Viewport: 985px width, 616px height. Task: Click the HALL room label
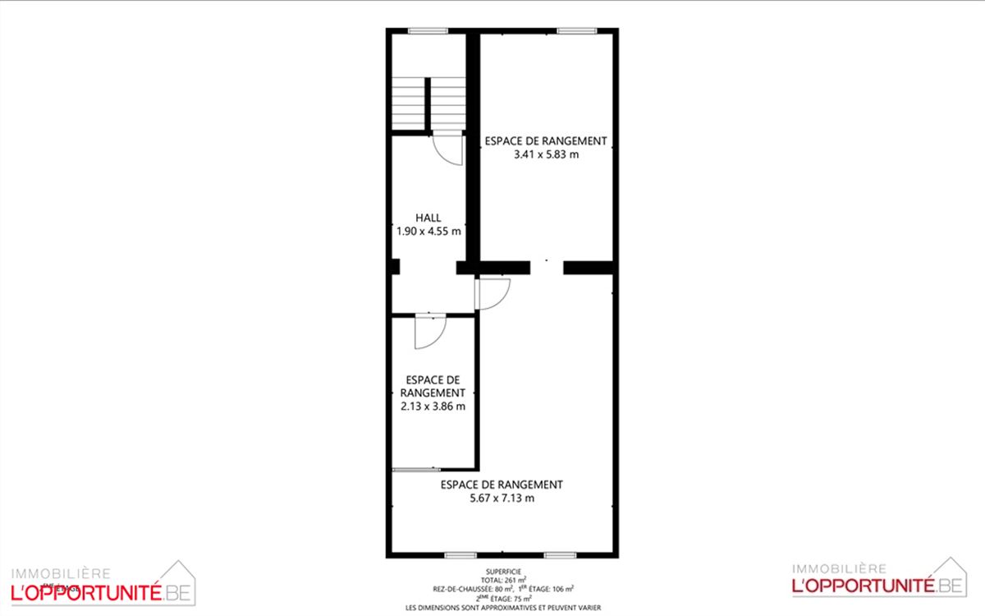[428, 218]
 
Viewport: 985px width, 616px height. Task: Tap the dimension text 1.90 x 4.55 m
[428, 231]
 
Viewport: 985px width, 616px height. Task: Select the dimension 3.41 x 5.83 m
[546, 154]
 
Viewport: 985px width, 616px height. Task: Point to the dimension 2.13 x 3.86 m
[433, 406]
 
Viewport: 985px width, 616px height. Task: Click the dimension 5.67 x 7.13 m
[502, 498]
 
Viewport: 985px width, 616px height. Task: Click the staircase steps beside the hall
[428, 103]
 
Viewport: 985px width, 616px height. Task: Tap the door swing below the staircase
[448, 149]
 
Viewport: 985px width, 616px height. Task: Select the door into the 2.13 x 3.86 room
[429, 332]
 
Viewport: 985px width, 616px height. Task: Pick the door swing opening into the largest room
[492, 293]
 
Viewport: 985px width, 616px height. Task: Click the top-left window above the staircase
[428, 31]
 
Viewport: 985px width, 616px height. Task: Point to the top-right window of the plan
[577, 31]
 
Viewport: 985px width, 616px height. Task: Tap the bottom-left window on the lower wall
[460, 556]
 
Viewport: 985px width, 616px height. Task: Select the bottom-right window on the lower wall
[560, 556]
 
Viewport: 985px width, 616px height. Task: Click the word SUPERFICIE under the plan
[503, 572]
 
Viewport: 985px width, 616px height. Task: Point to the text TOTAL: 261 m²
[503, 580]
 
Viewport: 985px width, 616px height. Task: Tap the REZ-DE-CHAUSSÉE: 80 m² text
[473, 589]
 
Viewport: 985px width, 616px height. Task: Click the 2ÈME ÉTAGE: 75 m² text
[503, 599]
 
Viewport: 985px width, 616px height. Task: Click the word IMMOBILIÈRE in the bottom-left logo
[61, 574]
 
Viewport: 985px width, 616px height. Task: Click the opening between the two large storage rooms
[547, 268]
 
